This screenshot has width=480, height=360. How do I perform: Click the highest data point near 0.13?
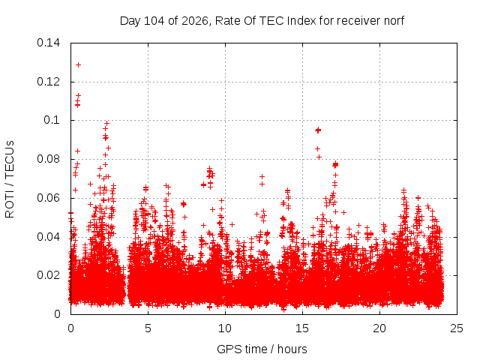[x=78, y=65]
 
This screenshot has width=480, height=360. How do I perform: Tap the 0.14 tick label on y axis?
[x=48, y=43]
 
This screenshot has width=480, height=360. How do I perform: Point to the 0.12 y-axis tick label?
[x=48, y=82]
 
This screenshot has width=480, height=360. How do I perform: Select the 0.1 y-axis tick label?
[x=52, y=120]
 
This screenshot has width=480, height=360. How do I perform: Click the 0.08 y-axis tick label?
[x=48, y=159]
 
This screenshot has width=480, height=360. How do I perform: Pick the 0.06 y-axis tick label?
[x=48, y=198]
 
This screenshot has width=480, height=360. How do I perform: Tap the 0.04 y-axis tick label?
[x=48, y=237]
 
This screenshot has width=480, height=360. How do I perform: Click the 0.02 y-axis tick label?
[x=48, y=275]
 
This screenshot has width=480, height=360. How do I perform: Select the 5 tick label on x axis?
[x=148, y=328]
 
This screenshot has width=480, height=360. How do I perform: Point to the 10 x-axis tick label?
[x=225, y=328]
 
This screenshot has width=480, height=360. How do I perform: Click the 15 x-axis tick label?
[x=302, y=328]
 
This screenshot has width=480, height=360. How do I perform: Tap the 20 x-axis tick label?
[x=379, y=328]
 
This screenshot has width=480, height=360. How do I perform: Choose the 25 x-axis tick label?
[x=457, y=328]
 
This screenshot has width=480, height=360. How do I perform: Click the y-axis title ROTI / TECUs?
[x=10, y=179]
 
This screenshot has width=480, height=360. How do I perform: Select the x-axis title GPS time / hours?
[x=262, y=349]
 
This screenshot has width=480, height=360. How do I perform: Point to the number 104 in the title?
[x=154, y=21]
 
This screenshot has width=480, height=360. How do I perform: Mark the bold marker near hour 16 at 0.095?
[x=318, y=130]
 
